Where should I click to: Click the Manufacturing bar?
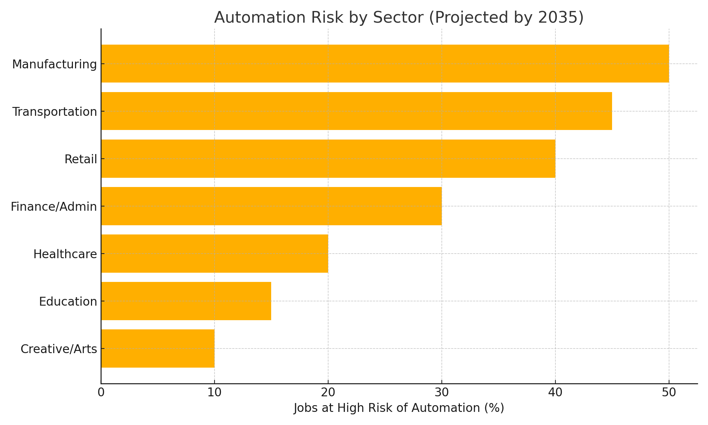pos(385,64)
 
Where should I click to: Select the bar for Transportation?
pos(356,111)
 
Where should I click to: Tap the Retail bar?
pos(328,159)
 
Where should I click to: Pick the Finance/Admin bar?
pos(272,206)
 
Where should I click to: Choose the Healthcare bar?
pos(215,254)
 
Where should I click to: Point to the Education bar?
pos(186,301)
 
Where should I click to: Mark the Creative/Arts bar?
pos(158,348)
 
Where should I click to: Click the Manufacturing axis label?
pos(54,64)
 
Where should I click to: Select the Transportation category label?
pos(55,112)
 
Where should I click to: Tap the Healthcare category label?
pos(65,254)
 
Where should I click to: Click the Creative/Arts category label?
pos(59,349)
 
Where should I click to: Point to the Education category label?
pos(68,302)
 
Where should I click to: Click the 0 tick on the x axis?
pos(101,393)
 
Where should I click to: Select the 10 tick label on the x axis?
pos(214,393)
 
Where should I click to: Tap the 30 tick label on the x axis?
pos(441,393)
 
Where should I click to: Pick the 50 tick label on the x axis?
pos(669,393)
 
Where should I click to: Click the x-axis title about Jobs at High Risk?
pos(399,408)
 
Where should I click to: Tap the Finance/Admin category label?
pos(54,207)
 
